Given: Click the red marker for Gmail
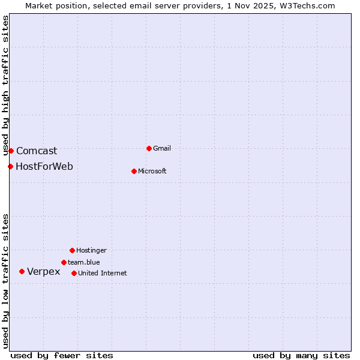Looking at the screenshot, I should tap(149, 148).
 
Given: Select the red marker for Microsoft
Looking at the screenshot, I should tap(134, 171).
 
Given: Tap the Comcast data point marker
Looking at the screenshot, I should tap(11, 151).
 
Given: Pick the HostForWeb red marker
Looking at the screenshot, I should tap(10, 166).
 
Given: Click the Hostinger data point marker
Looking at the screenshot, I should tap(72, 250).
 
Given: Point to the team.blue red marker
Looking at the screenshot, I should tap(64, 262).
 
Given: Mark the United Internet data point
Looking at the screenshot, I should tap(74, 273).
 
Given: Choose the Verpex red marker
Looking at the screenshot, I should tap(22, 271).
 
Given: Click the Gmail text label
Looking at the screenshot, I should tap(162, 148).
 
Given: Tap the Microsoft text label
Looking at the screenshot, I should tap(152, 171).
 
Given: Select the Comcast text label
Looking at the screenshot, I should tap(37, 151).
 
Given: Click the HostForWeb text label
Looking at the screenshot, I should tap(44, 166).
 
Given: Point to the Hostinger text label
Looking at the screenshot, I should tap(91, 250).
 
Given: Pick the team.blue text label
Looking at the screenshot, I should tap(83, 262).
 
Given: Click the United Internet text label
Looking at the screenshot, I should tap(102, 273).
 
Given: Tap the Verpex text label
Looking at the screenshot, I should tap(44, 272).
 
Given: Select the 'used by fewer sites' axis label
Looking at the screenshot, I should tap(62, 355).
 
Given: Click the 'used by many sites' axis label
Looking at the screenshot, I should tap(301, 355).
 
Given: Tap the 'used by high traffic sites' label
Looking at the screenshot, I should tap(5, 85).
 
